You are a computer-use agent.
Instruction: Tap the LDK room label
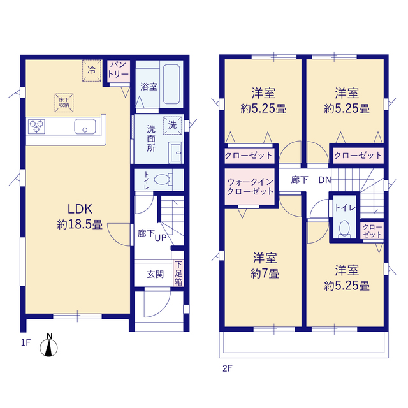coord(80,208)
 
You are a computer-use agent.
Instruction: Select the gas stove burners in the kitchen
coord(36,127)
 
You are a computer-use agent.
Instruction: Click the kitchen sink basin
coord(85,126)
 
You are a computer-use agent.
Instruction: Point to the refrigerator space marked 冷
coord(92,70)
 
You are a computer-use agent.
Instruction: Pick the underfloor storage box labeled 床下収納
coord(64,103)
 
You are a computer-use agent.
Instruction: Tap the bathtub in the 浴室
coord(171,84)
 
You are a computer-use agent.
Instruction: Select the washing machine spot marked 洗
coord(172,126)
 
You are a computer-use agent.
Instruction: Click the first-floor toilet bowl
coord(162,179)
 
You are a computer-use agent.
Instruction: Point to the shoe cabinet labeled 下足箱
coord(178,273)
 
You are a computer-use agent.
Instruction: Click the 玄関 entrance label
coord(156,274)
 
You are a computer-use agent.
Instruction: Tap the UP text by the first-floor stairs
coord(161,238)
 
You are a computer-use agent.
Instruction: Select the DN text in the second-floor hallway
coord(324,180)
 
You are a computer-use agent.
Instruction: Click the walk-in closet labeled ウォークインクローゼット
coord(250,187)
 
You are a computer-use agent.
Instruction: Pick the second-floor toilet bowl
coord(344,228)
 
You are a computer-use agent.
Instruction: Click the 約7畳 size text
coord(265,273)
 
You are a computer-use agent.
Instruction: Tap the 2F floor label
coord(228,368)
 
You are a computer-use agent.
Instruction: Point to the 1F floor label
coord(25,342)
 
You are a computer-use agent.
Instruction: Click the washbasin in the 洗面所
coord(177,153)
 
